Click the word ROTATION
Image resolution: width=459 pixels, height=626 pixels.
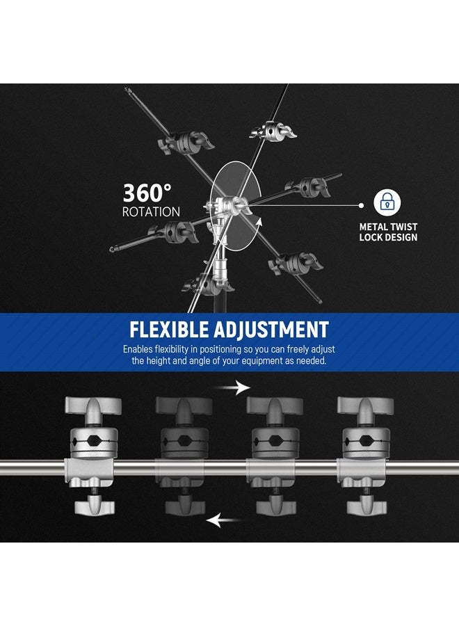(x=151, y=211)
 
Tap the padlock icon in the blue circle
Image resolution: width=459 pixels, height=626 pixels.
(x=388, y=203)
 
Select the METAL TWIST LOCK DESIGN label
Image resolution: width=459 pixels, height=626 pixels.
(x=388, y=232)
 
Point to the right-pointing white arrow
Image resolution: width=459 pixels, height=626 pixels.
(x=234, y=387)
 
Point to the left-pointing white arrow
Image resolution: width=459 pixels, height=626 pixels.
(x=225, y=519)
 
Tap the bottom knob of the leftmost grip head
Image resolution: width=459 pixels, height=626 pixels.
(x=93, y=506)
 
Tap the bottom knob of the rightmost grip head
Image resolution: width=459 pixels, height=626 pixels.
(x=364, y=506)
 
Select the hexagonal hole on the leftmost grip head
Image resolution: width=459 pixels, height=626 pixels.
(x=93, y=442)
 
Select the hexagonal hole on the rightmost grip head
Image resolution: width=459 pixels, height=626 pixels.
(x=364, y=442)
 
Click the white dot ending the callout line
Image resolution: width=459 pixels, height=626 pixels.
(x=361, y=206)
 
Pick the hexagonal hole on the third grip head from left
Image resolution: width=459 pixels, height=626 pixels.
(x=275, y=442)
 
